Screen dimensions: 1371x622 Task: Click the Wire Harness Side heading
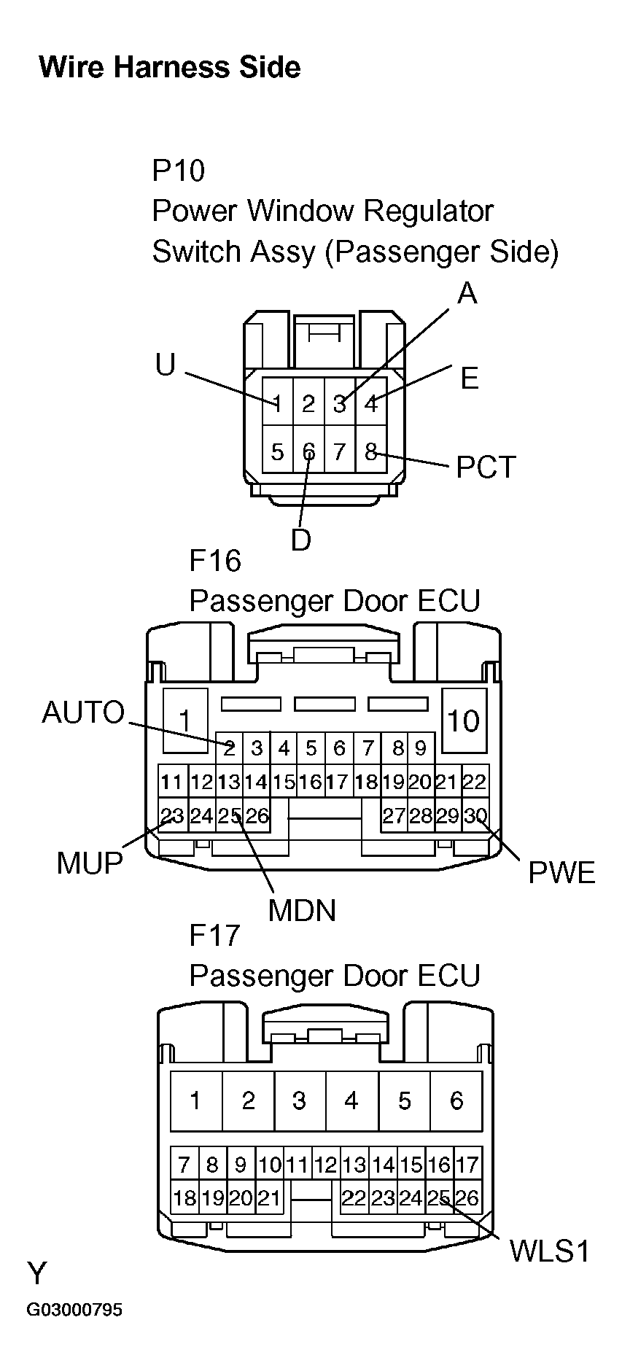tap(169, 67)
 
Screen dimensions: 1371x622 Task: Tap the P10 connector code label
tap(178, 171)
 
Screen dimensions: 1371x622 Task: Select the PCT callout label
tap(486, 467)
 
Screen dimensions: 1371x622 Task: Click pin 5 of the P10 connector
tap(277, 452)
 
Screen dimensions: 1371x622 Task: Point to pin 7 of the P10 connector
tap(339, 452)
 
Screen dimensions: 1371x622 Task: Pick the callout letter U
tap(166, 365)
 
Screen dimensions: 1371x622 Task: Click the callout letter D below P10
tap(301, 540)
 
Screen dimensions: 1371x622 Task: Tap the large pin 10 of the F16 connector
tap(463, 721)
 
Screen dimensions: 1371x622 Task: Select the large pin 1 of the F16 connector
tap(185, 721)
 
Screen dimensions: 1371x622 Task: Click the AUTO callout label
tap(83, 712)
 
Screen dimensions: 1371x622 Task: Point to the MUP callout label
tap(90, 863)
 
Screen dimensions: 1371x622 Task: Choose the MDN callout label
tap(302, 910)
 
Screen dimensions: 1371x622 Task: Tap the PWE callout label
tap(561, 873)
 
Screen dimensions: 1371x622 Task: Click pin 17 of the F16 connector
tap(337, 782)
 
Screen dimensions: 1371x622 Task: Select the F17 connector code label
tap(214, 935)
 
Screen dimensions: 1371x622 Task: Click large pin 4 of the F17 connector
tap(351, 1100)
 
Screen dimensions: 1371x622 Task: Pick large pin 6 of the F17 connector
tap(456, 1100)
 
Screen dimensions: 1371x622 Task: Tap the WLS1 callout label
tap(548, 1251)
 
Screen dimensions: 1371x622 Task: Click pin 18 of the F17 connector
tap(184, 1198)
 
